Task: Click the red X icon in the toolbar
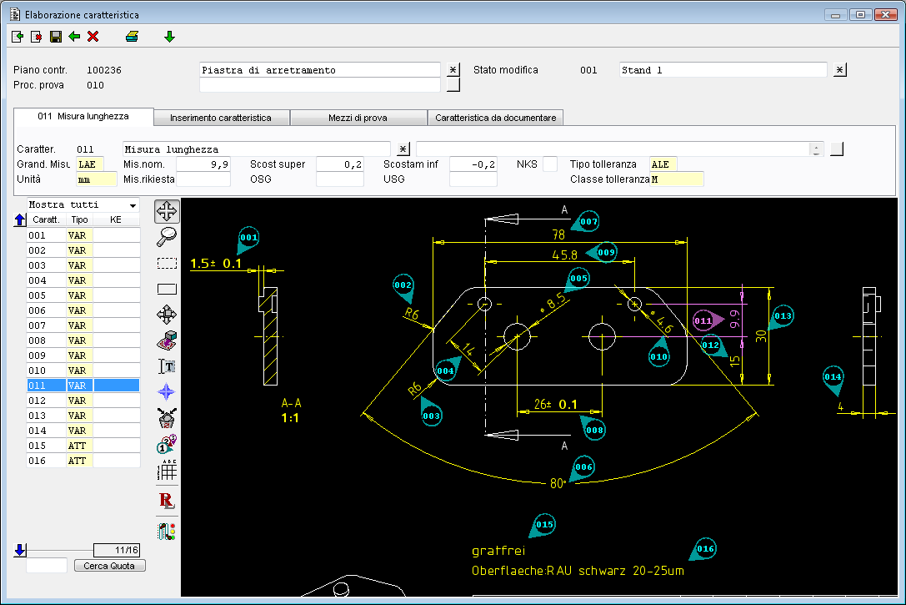[93, 37]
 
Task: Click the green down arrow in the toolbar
[169, 37]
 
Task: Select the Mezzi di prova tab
[358, 118]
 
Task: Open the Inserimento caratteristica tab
[221, 118]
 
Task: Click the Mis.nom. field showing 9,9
[203, 164]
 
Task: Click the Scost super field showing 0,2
[340, 164]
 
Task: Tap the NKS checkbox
[550, 164]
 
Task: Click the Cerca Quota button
[109, 566]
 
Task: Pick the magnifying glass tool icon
[167, 236]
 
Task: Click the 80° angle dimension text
[557, 483]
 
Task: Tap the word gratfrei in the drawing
[498, 551]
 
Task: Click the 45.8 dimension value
[564, 255]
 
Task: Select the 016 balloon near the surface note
[704, 549]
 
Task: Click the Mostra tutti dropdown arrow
[133, 205]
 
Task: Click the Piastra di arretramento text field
[319, 70]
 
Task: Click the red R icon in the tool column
[167, 501]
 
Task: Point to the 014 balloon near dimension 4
[833, 378]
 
